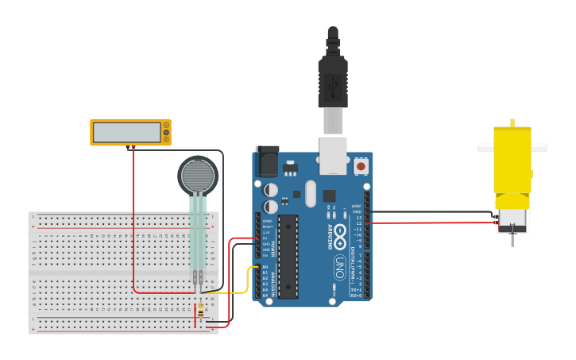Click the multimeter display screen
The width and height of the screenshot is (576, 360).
pos(127,132)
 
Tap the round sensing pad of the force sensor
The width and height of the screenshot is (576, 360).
pos(198,176)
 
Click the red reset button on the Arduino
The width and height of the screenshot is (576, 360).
pos(361,166)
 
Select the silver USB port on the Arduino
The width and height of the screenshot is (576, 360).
pos(333,154)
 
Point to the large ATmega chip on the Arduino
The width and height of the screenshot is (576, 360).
pos(288,256)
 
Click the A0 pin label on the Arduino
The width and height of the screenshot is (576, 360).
pos(265,267)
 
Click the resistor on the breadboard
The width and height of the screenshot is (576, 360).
pos(200,312)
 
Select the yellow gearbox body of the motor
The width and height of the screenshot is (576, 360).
pos(512,163)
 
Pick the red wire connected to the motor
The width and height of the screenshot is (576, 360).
pos(429,223)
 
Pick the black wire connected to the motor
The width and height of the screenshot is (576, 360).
pos(429,212)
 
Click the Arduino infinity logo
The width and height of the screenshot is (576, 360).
pos(339,235)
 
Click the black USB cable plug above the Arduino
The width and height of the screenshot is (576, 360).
pos(333,79)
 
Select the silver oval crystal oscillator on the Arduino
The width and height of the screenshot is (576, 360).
pos(311,193)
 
